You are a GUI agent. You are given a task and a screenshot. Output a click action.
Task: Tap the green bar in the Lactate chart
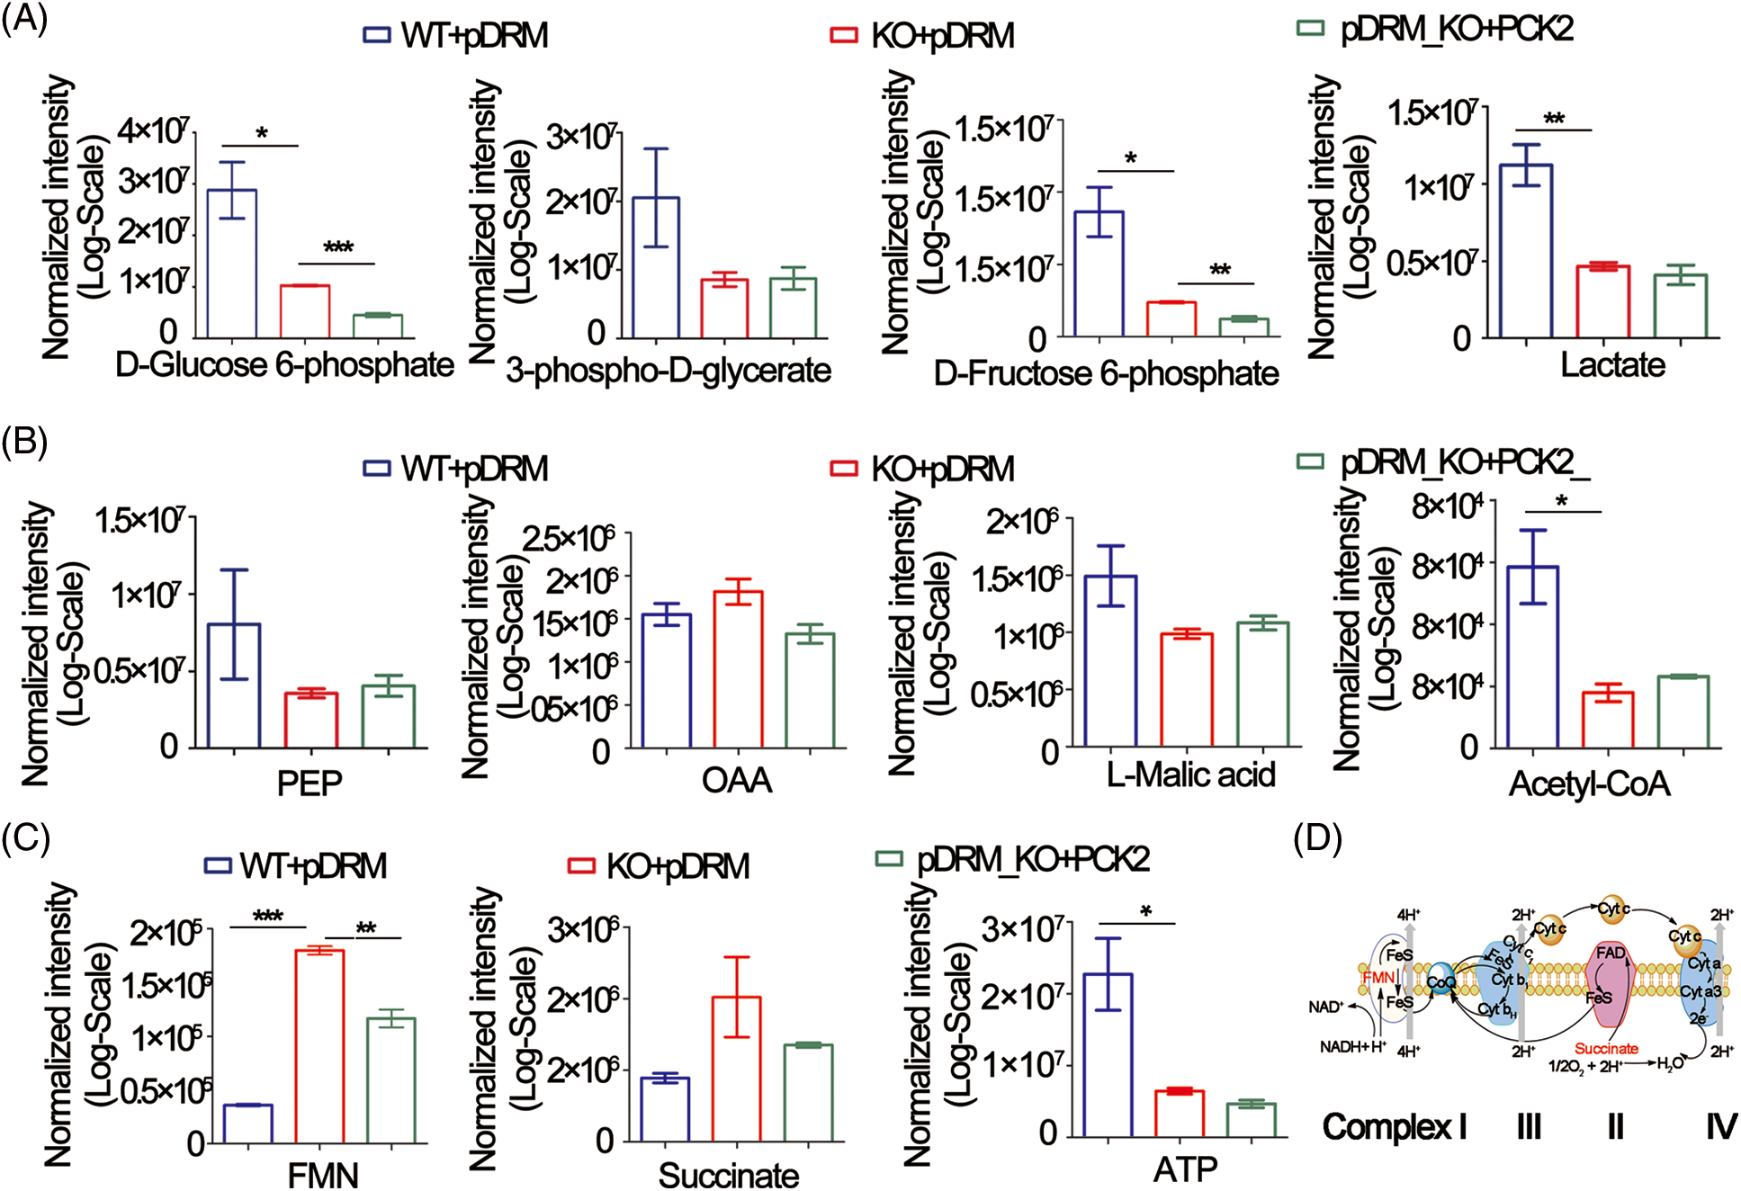(x=1681, y=306)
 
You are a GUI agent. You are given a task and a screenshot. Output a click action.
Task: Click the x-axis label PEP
(x=310, y=784)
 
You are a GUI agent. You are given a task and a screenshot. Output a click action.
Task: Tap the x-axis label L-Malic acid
(x=1190, y=775)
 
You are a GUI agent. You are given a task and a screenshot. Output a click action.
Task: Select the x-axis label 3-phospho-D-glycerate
(x=668, y=370)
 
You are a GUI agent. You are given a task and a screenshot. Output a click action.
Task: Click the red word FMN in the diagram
(x=1378, y=977)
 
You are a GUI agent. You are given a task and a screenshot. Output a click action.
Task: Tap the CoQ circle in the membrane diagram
(x=1440, y=982)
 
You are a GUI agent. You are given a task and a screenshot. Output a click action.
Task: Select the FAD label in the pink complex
(x=1610, y=954)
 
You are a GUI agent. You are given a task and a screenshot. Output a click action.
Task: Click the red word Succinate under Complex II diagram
(x=1606, y=1049)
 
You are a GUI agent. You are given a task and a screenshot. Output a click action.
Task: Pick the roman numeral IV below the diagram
(x=1720, y=1126)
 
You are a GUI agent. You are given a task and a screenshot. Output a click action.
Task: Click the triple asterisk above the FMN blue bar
(x=267, y=917)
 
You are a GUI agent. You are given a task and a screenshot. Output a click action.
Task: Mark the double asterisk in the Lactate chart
(x=1554, y=119)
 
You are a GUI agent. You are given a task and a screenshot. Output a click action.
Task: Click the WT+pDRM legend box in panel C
(x=219, y=865)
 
